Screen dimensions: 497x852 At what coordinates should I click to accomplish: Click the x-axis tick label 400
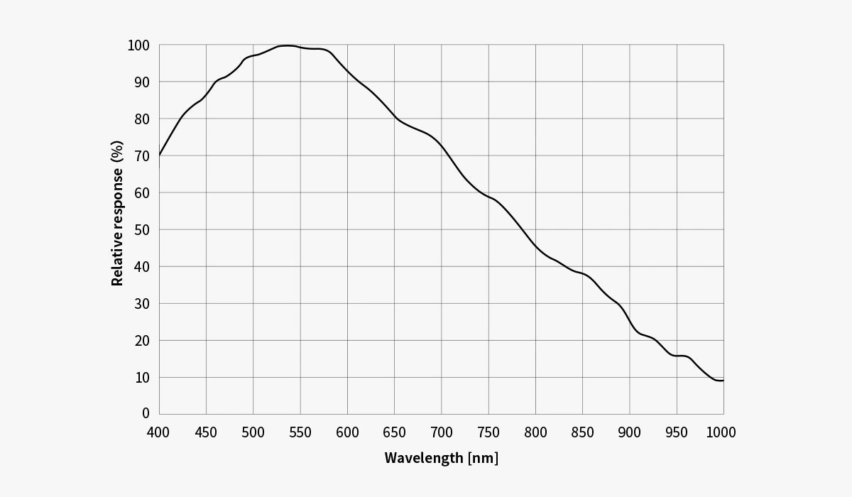pyautogui.click(x=159, y=432)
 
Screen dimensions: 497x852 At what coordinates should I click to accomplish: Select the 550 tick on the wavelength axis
pyautogui.click(x=300, y=432)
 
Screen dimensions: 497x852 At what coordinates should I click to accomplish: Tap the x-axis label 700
pyautogui.click(x=441, y=432)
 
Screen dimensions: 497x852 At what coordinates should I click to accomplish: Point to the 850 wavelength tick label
pyautogui.click(x=582, y=432)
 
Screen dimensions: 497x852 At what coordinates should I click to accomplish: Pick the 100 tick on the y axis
pyautogui.click(x=138, y=45)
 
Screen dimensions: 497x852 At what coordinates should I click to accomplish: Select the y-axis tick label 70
pyautogui.click(x=142, y=155)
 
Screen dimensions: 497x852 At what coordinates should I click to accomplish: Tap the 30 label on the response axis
pyautogui.click(x=142, y=303)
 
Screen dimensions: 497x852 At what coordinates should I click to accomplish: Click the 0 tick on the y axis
pyautogui.click(x=146, y=413)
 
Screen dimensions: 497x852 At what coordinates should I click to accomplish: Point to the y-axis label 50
pyautogui.click(x=142, y=229)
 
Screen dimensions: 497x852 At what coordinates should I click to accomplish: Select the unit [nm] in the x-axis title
pyautogui.click(x=483, y=458)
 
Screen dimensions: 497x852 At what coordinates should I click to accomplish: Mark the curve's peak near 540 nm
pyautogui.click(x=288, y=45)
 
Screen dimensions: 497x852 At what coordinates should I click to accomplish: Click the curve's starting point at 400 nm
pyautogui.click(x=160, y=155)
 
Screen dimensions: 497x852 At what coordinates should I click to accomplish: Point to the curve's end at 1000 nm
pyautogui.click(x=723, y=381)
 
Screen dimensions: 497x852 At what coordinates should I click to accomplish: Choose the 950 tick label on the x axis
pyautogui.click(x=677, y=432)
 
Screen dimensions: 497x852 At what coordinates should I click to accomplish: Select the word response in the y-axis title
pyautogui.click(x=117, y=198)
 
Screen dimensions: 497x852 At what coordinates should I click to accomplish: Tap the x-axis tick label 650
pyautogui.click(x=394, y=432)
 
